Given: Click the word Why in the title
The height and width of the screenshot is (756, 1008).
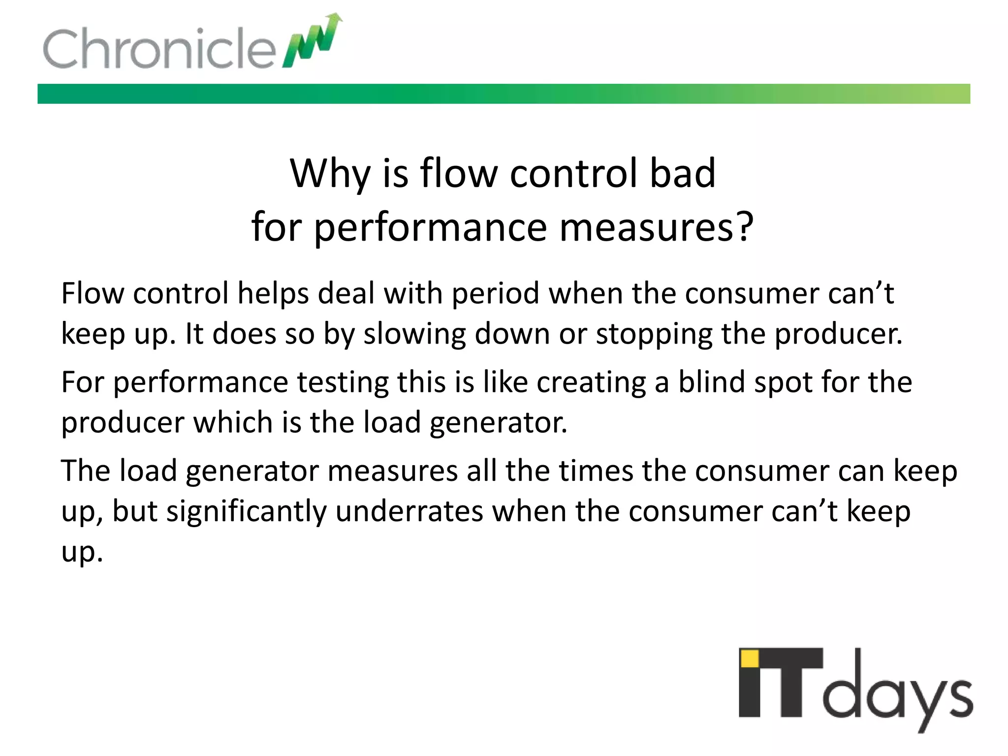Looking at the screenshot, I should click(x=330, y=174).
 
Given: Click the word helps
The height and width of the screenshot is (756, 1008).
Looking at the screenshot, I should click(x=273, y=294).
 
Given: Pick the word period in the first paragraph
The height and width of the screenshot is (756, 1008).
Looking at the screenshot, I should click(x=496, y=294).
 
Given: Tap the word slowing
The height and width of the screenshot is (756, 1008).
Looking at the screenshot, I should click(x=414, y=334).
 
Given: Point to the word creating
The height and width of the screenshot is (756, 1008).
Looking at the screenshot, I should click(x=591, y=382).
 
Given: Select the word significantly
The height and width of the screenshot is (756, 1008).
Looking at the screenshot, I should click(x=247, y=511).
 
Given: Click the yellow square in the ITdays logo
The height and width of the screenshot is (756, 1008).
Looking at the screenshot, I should click(x=750, y=658).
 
